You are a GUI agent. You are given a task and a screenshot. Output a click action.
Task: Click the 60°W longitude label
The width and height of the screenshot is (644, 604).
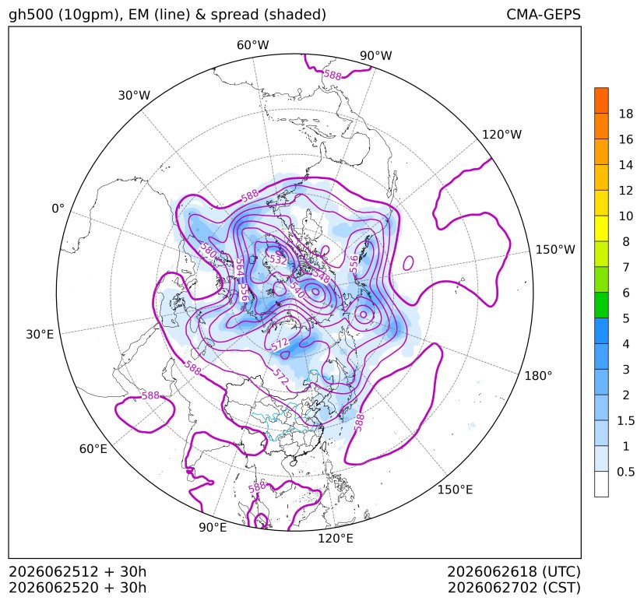252,45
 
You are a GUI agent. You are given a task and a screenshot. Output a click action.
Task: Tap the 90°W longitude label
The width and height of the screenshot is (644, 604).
376,55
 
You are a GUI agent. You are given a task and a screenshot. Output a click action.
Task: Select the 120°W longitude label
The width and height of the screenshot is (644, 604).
501,135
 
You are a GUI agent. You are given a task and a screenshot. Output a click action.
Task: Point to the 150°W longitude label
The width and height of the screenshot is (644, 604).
555,249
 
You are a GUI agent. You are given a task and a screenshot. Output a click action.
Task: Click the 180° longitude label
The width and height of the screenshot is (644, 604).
538,375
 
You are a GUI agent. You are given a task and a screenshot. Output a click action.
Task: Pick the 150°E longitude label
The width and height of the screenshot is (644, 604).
455,490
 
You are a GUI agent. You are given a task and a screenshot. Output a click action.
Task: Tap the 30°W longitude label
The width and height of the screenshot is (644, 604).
134,95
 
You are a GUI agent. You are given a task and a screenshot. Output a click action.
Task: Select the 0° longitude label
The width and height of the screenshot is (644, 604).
58,209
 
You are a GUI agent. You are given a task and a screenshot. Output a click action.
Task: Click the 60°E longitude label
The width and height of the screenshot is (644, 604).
93,449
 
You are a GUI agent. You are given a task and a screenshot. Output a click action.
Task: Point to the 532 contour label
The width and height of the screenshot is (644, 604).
278,259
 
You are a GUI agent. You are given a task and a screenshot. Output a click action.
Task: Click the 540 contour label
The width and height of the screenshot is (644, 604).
297,290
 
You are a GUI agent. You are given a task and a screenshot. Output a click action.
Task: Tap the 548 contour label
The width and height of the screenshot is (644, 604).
322,276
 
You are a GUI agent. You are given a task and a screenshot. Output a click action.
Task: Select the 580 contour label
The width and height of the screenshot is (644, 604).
208,250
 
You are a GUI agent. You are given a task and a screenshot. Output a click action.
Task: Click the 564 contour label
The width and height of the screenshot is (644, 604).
239,267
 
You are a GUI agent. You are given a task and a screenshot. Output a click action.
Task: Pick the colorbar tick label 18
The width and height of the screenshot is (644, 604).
626,114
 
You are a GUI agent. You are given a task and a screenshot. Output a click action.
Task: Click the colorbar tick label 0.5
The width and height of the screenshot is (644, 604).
625,472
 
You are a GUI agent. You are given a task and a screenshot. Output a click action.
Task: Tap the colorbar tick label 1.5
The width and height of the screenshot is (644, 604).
625,420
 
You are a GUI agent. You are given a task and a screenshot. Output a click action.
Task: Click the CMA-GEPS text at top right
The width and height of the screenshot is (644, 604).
544,14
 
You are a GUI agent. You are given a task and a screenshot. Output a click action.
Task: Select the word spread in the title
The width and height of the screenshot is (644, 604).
234,16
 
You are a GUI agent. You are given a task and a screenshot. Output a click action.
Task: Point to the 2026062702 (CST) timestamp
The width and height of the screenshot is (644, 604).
514,588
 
